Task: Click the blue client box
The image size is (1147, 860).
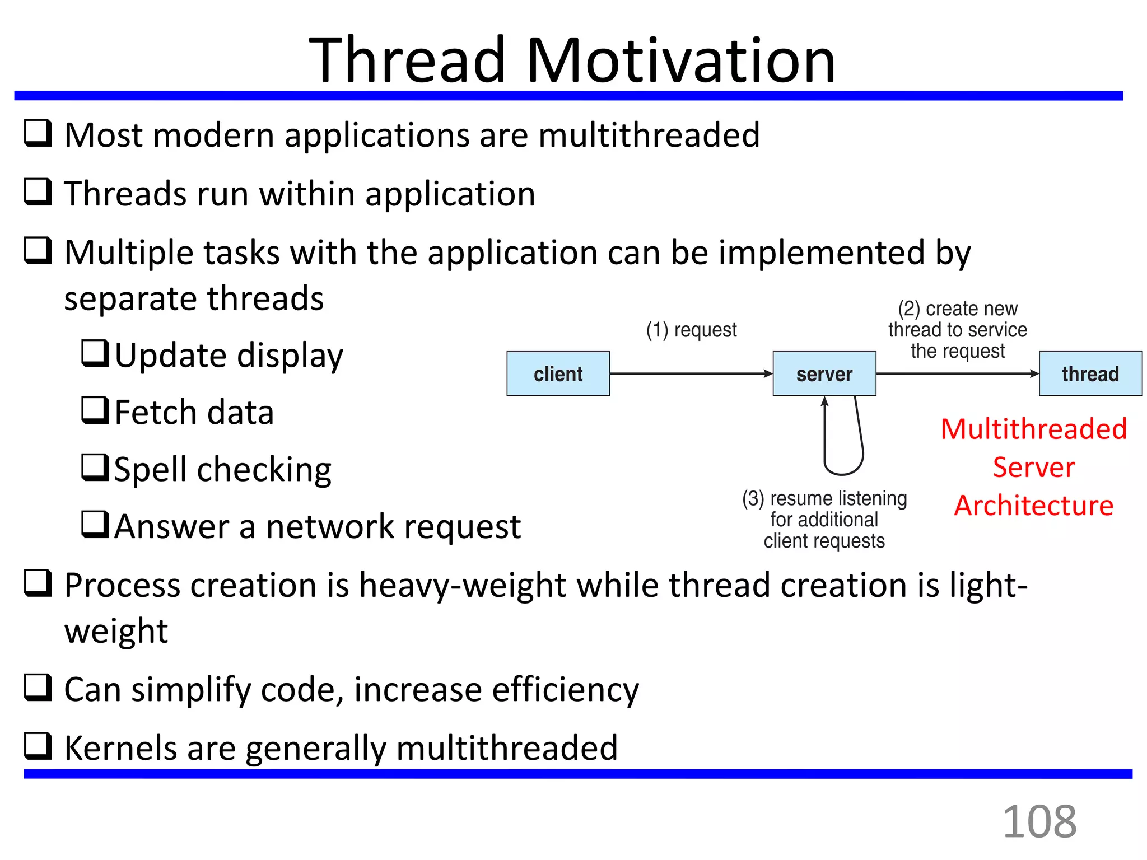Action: pos(558,373)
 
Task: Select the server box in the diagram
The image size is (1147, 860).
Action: pos(824,373)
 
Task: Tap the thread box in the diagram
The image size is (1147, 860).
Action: pos(1090,373)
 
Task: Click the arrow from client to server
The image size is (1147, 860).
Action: pos(691,373)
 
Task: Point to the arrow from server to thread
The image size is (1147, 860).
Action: pos(957,373)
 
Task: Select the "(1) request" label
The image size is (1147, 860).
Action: pos(691,330)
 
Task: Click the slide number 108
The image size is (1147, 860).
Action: pos(1039,821)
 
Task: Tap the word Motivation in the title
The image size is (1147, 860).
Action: pos(680,60)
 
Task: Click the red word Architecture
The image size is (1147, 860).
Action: pos(1033,506)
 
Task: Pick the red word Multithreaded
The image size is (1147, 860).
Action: pos(1033,429)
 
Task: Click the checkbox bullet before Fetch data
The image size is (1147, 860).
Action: pos(95,410)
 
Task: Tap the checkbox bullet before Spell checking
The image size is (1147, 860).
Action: pos(95,467)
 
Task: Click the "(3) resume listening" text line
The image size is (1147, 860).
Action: pos(824,498)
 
